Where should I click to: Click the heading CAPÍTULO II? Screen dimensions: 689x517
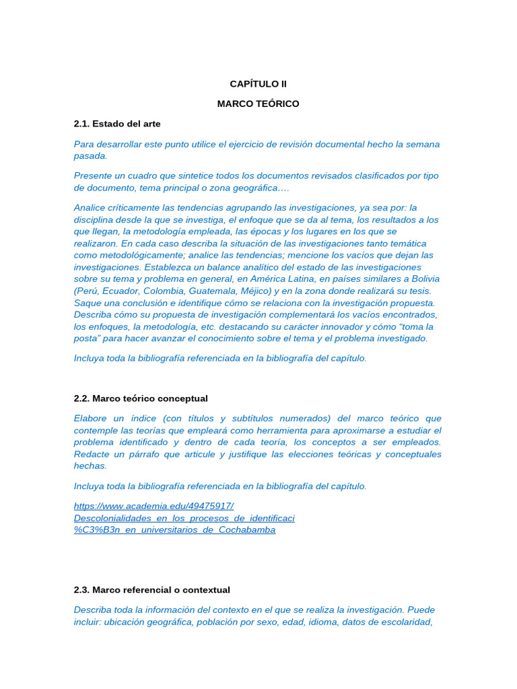click(258, 84)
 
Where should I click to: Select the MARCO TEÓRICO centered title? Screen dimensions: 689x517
click(258, 104)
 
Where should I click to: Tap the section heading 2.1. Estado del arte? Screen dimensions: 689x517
click(117, 124)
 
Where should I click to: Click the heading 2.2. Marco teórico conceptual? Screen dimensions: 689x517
click(141, 398)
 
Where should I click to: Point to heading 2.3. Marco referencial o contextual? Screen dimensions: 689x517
click(151, 590)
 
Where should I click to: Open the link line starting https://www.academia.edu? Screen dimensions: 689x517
click(153, 506)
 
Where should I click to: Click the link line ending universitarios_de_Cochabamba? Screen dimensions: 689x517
click(174, 530)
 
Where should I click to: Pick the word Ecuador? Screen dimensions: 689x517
click(123, 291)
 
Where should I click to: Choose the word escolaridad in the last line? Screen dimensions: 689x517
click(405, 622)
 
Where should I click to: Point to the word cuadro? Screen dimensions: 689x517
click(134, 176)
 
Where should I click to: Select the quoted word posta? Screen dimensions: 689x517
click(88, 338)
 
